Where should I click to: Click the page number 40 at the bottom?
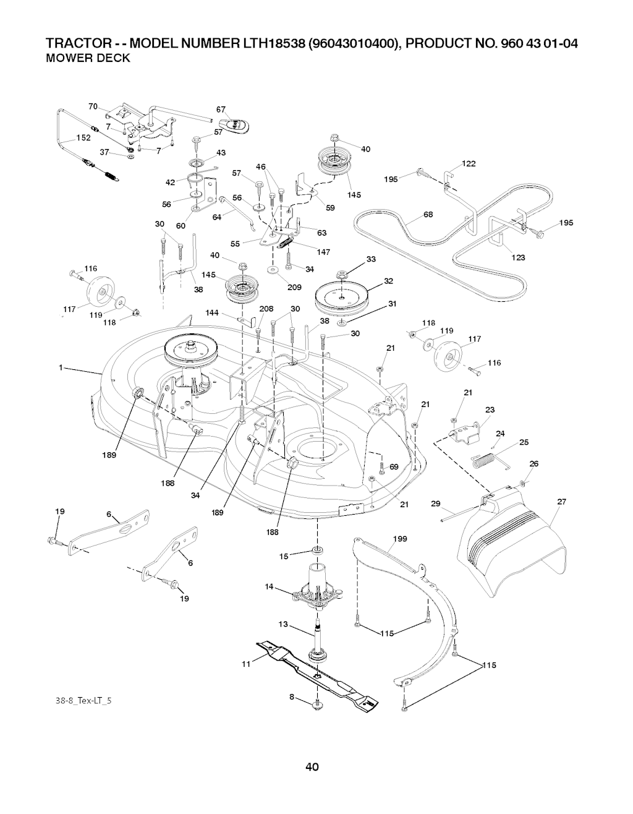pos(312,768)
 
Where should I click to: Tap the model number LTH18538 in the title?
pos(275,44)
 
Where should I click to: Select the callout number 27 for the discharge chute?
pos(561,502)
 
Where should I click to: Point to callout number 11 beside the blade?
pos(245,664)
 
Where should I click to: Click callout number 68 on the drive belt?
pos(428,215)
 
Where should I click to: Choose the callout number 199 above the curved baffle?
pos(400,539)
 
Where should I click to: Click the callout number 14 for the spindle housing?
pos(268,588)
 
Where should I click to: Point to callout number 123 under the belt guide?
pos(517,257)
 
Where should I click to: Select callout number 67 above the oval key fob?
pos(220,110)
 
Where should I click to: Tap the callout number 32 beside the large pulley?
pos(388,281)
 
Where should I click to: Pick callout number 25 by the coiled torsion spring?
pos(524,442)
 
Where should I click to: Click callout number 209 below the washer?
pos(294,287)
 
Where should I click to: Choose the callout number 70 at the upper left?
pos(93,106)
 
